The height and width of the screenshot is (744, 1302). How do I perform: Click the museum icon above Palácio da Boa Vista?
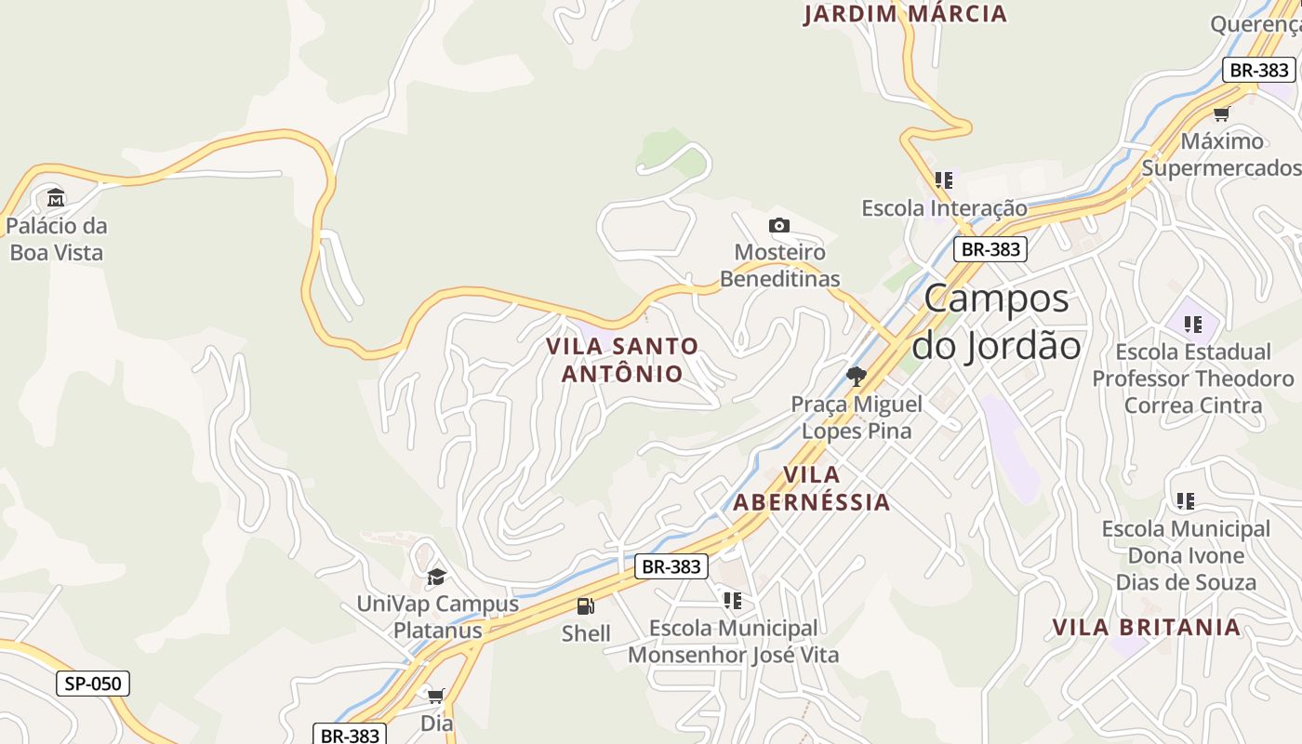[x=56, y=197]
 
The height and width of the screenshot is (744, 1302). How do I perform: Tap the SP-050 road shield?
[x=93, y=684]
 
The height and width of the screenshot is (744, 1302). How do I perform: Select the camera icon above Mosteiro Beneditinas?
[x=779, y=225]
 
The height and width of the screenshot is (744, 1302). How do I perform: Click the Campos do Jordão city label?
[x=997, y=322]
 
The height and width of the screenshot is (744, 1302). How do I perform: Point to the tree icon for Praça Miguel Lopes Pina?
[x=857, y=377]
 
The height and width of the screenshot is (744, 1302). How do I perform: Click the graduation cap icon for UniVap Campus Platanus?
[x=436, y=578]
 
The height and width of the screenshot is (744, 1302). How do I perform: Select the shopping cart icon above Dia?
[x=436, y=696]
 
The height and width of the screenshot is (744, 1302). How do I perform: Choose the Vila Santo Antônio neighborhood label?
[x=622, y=359]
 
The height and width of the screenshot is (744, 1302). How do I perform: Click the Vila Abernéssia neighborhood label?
[x=812, y=488]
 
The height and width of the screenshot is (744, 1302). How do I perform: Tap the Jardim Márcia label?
[x=905, y=14]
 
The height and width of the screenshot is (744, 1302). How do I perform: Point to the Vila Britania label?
[x=1147, y=627]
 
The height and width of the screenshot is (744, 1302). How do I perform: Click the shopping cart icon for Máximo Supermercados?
[x=1222, y=113]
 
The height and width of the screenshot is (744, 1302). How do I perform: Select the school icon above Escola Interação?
[x=944, y=180]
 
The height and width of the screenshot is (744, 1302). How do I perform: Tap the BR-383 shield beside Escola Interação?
[x=990, y=249]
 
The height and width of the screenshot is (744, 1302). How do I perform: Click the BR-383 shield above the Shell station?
[x=671, y=566]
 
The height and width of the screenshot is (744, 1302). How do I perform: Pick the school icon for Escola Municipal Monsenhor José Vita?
[x=733, y=601]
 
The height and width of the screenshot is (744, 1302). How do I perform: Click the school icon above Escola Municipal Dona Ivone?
[x=1185, y=501]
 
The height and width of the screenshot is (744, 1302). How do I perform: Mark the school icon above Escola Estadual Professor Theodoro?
[x=1193, y=325]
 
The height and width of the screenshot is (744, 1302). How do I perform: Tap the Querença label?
[x=1255, y=24]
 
